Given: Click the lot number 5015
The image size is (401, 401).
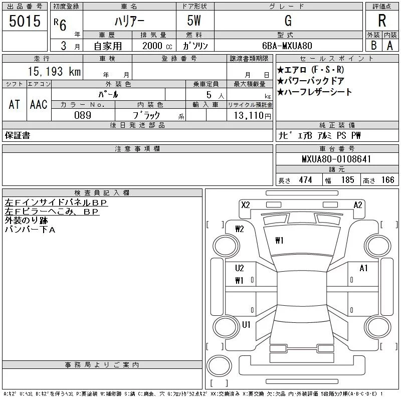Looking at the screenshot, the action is click(25, 21).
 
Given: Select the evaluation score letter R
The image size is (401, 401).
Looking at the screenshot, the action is click(382, 21).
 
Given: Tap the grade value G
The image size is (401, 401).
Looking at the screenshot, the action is click(288, 21).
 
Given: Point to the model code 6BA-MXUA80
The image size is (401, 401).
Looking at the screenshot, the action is click(288, 45).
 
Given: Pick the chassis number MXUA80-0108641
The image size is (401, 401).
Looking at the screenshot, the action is click(336, 159).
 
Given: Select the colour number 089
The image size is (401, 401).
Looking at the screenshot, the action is click(83, 115).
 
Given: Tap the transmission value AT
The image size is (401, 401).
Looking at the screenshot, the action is click(14, 104).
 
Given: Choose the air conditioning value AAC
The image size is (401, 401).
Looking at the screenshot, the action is click(39, 104).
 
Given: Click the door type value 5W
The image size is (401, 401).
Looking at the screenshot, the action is click(195, 21).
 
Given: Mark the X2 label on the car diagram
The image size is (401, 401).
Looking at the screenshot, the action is click(245, 205).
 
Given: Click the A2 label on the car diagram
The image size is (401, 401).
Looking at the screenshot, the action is click(358, 205).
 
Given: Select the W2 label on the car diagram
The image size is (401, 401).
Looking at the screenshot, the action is click(239, 229).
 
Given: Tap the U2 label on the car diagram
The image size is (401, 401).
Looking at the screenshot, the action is click(239, 268).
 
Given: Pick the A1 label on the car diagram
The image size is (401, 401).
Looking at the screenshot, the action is click(363, 268).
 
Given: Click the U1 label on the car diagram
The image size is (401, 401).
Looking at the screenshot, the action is click(246, 325).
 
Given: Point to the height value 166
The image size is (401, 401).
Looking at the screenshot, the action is click(387, 180).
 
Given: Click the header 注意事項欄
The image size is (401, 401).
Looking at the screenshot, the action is click(137, 149).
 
